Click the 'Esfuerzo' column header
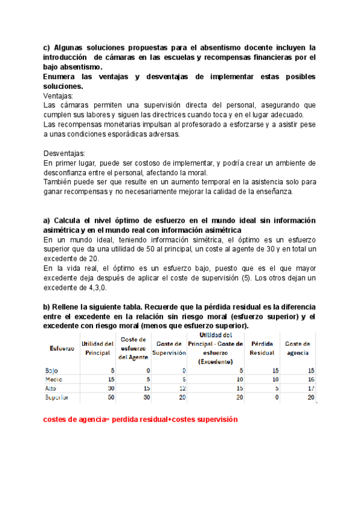(x=62, y=348)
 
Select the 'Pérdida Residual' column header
(x=263, y=348)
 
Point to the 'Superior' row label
(x=57, y=397)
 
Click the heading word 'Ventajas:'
(x=59, y=95)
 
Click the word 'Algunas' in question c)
(x=71, y=47)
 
